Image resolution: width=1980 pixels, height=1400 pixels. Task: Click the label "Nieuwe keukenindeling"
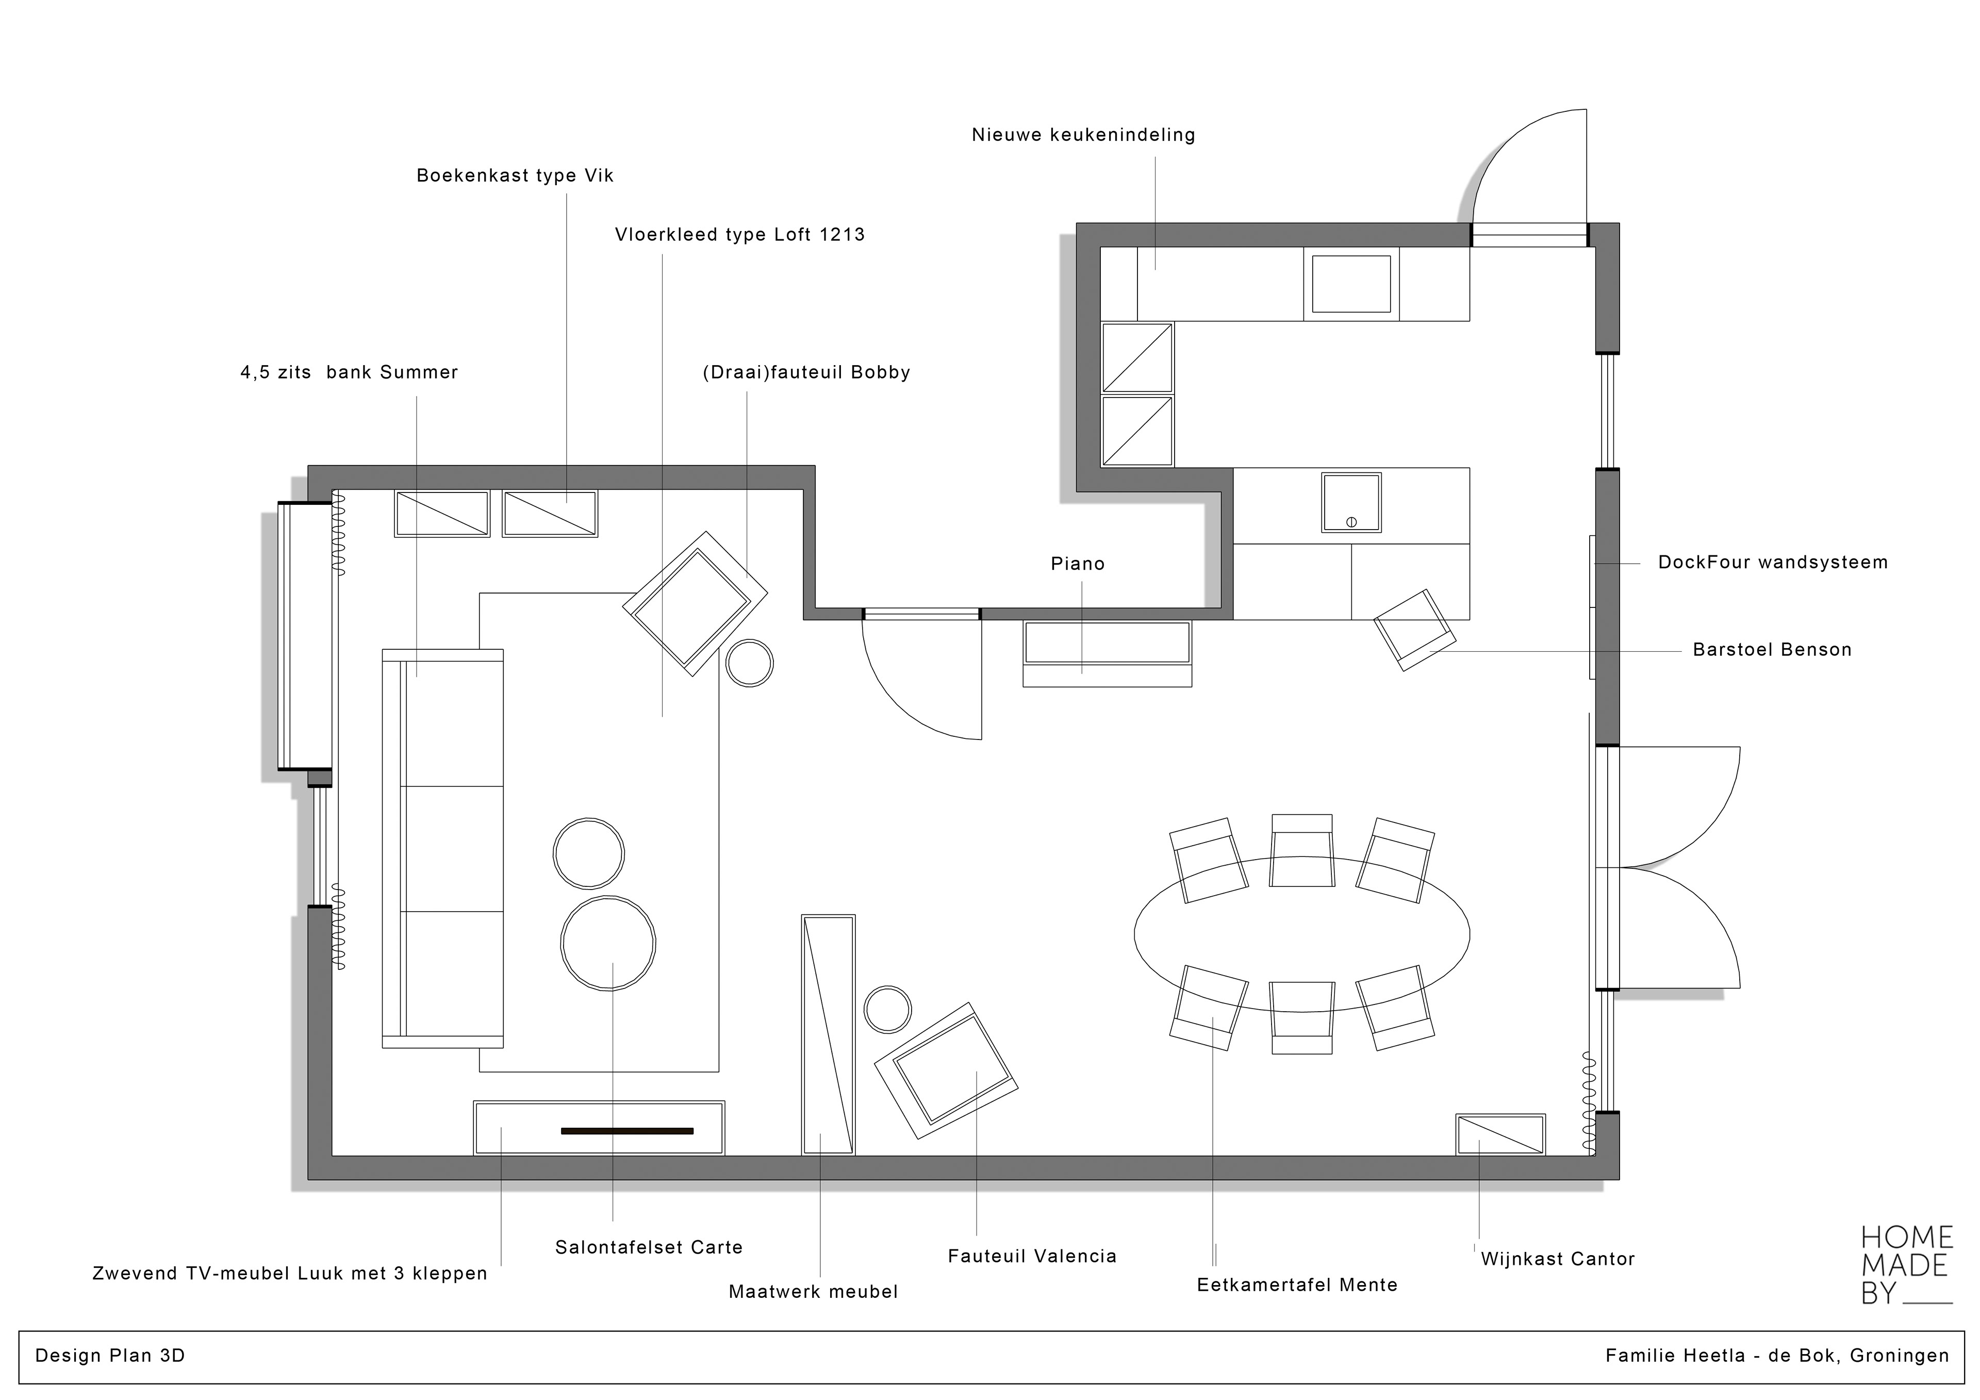[x=1083, y=136]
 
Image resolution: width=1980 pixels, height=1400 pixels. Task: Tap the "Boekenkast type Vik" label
[x=515, y=176]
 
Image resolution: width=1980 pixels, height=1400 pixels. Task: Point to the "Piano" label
[x=1077, y=564]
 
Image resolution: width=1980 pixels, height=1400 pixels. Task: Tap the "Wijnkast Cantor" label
[x=1557, y=1259]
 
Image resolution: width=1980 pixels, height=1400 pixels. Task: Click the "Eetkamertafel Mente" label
[x=1297, y=1286]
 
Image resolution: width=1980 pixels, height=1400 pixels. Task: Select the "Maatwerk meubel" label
[x=813, y=1292]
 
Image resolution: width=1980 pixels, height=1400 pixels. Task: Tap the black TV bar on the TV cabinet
[x=627, y=1131]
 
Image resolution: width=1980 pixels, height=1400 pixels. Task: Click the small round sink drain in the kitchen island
[x=1351, y=522]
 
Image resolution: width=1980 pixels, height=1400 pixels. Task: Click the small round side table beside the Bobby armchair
[x=749, y=663]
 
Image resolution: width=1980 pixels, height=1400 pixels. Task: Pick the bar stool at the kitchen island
[x=1414, y=630]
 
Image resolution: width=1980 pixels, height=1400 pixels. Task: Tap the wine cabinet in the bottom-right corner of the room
[x=1500, y=1134]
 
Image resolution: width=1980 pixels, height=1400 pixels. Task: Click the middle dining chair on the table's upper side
[x=1302, y=850]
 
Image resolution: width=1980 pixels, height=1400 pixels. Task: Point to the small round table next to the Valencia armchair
[x=887, y=1009]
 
